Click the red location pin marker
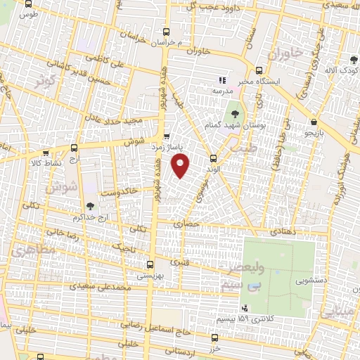(x=181, y=165)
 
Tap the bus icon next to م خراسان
(x=166, y=32)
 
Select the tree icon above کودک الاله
(x=353, y=60)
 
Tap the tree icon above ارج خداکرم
(x=89, y=206)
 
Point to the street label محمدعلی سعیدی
(x=106, y=287)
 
